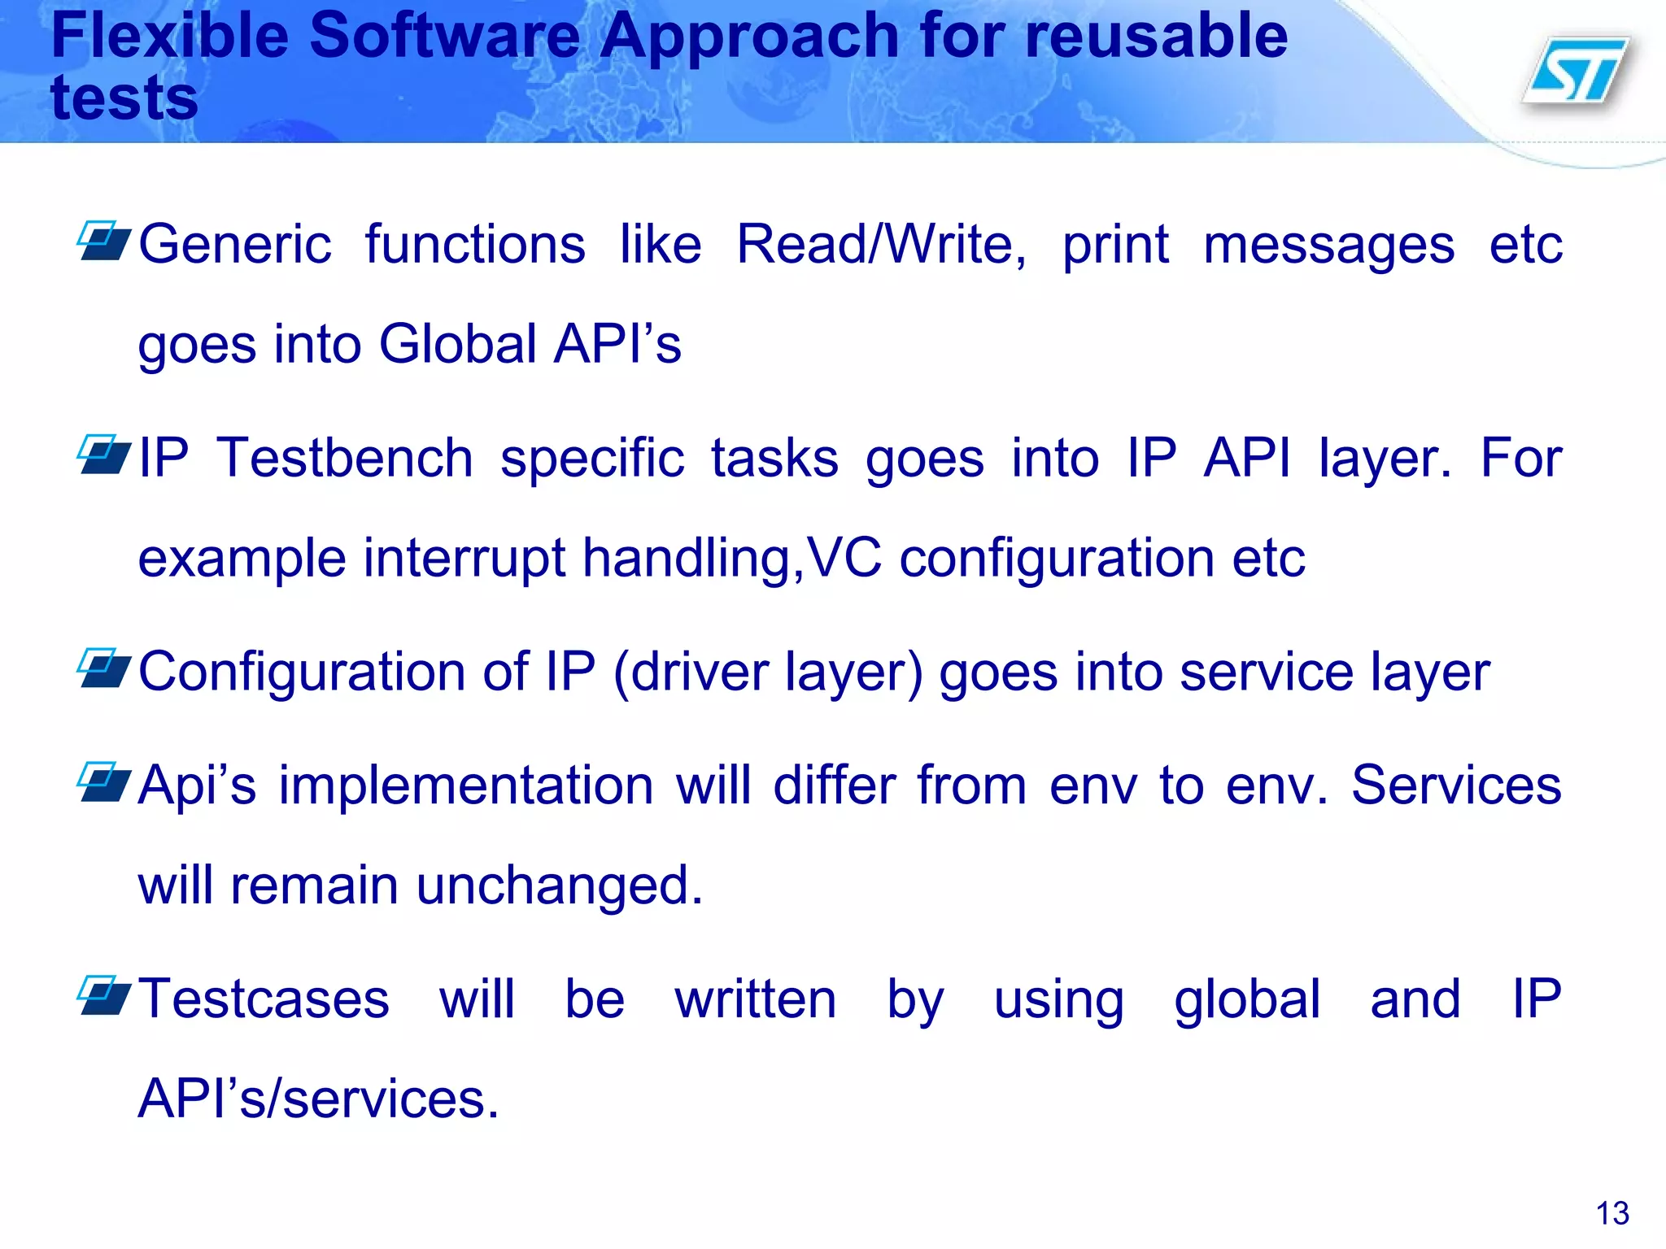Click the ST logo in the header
click(x=1577, y=72)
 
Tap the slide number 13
click(x=1611, y=1213)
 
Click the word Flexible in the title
click(x=169, y=36)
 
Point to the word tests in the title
click(x=124, y=98)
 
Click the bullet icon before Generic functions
click(x=103, y=241)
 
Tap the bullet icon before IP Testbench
click(x=103, y=455)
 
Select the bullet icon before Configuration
click(x=103, y=668)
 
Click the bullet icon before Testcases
click(x=103, y=996)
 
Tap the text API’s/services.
click(x=317, y=1099)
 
